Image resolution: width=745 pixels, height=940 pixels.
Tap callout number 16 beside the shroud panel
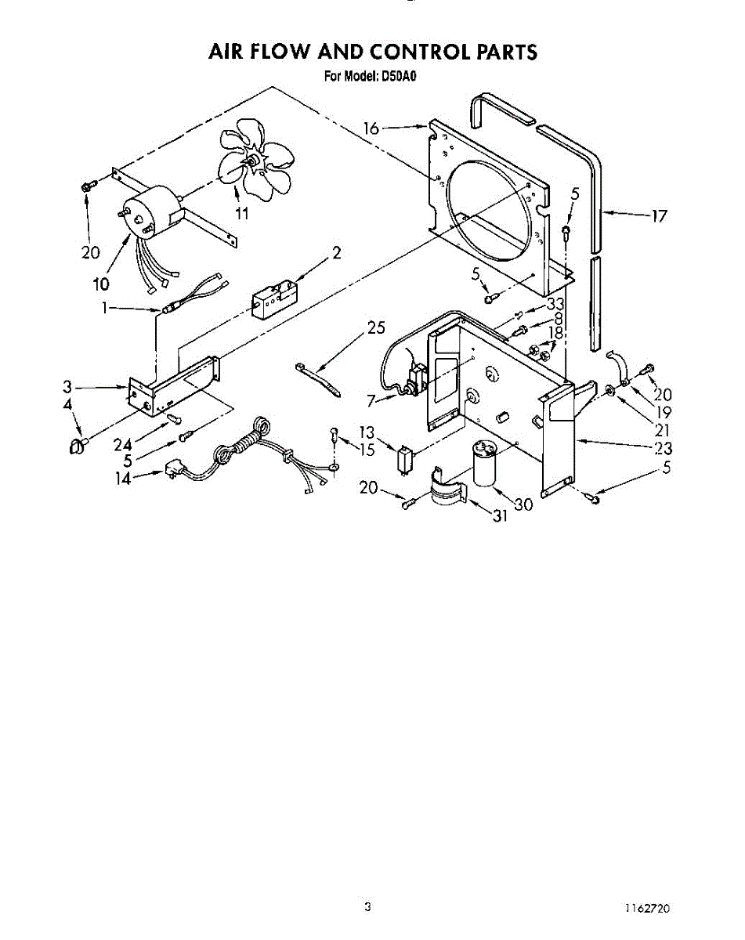371,128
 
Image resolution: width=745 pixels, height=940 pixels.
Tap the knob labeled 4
77,446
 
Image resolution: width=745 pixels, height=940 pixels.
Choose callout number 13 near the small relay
367,432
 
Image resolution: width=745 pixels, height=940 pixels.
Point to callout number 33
556,303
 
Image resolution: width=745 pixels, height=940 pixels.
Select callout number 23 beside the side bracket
664,449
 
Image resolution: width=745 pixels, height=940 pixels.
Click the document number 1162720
648,909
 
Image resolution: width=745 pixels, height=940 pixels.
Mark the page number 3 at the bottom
367,908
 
